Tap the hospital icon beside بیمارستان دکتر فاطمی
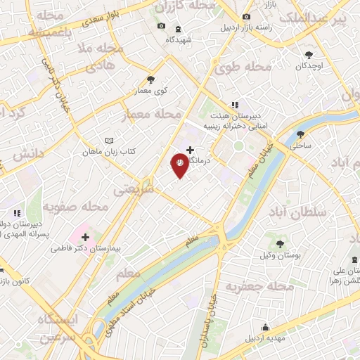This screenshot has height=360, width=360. coord(84,236)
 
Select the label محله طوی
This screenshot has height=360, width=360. coord(249,67)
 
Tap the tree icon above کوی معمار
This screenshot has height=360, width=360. coord(150,79)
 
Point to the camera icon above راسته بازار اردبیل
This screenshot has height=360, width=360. coord(245,17)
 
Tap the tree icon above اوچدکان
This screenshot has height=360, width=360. coord(309,54)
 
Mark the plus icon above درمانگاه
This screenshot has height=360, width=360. coord(191,149)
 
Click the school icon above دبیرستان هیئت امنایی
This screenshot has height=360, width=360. coord(234,105)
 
